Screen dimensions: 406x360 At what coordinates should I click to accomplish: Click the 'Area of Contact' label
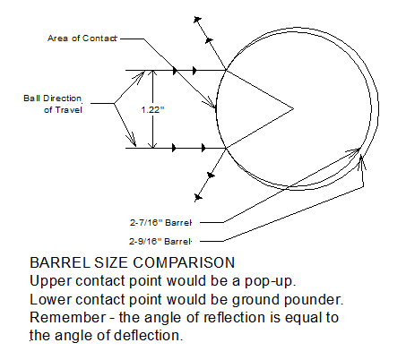pos(82,39)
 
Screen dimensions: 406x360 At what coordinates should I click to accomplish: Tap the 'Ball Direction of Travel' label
pos(53,104)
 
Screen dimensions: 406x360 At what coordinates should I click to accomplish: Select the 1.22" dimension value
pos(152,110)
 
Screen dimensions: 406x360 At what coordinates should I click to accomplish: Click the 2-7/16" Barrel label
pos(160,222)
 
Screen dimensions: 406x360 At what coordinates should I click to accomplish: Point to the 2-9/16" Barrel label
pos(160,241)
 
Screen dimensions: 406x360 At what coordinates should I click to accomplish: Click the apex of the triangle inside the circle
pos(293,109)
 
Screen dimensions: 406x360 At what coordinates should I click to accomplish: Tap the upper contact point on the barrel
pos(226,70)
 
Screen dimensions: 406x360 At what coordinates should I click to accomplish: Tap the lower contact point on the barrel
pos(226,148)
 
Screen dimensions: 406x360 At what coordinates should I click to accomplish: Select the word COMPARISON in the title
pos(184,262)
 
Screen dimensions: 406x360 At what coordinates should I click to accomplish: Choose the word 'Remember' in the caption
pos(68,317)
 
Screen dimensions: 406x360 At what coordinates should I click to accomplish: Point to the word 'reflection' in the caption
pos(234,317)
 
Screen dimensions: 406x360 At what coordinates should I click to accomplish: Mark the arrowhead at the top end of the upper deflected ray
pos(197,20)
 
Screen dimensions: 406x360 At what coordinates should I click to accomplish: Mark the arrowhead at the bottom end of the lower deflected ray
pos(198,197)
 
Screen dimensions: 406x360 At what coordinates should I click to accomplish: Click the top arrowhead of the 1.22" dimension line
pos(153,73)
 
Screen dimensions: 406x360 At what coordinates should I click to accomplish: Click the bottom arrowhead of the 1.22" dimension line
pos(153,145)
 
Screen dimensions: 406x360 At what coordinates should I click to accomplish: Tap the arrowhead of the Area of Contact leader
pos(212,105)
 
